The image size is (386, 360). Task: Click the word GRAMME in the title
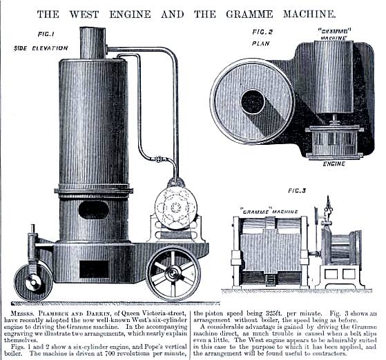pyautogui.click(x=249, y=14)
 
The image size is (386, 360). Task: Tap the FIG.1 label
pyautogui.click(x=46, y=34)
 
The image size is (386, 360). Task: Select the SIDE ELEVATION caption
pyautogui.click(x=41, y=48)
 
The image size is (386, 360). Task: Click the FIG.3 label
pyautogui.click(x=297, y=190)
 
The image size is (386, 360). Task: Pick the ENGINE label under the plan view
pyautogui.click(x=334, y=163)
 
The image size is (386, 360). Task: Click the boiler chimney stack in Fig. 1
pyautogui.click(x=93, y=43)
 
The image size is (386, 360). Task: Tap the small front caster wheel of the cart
pyautogui.click(x=33, y=282)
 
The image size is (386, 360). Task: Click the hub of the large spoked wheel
pyautogui.click(x=173, y=274)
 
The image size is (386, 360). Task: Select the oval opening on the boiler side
pyautogui.click(x=94, y=210)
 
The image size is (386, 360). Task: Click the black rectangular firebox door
pyautogui.click(x=94, y=269)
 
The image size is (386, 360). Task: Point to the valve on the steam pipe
pyautogui.click(x=158, y=159)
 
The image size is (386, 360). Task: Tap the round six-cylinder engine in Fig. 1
pyautogui.click(x=176, y=208)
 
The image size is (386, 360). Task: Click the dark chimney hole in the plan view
pyautogui.click(x=253, y=101)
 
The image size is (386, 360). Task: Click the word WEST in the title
pyautogui.click(x=84, y=14)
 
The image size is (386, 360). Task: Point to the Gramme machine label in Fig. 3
pyautogui.click(x=269, y=212)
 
